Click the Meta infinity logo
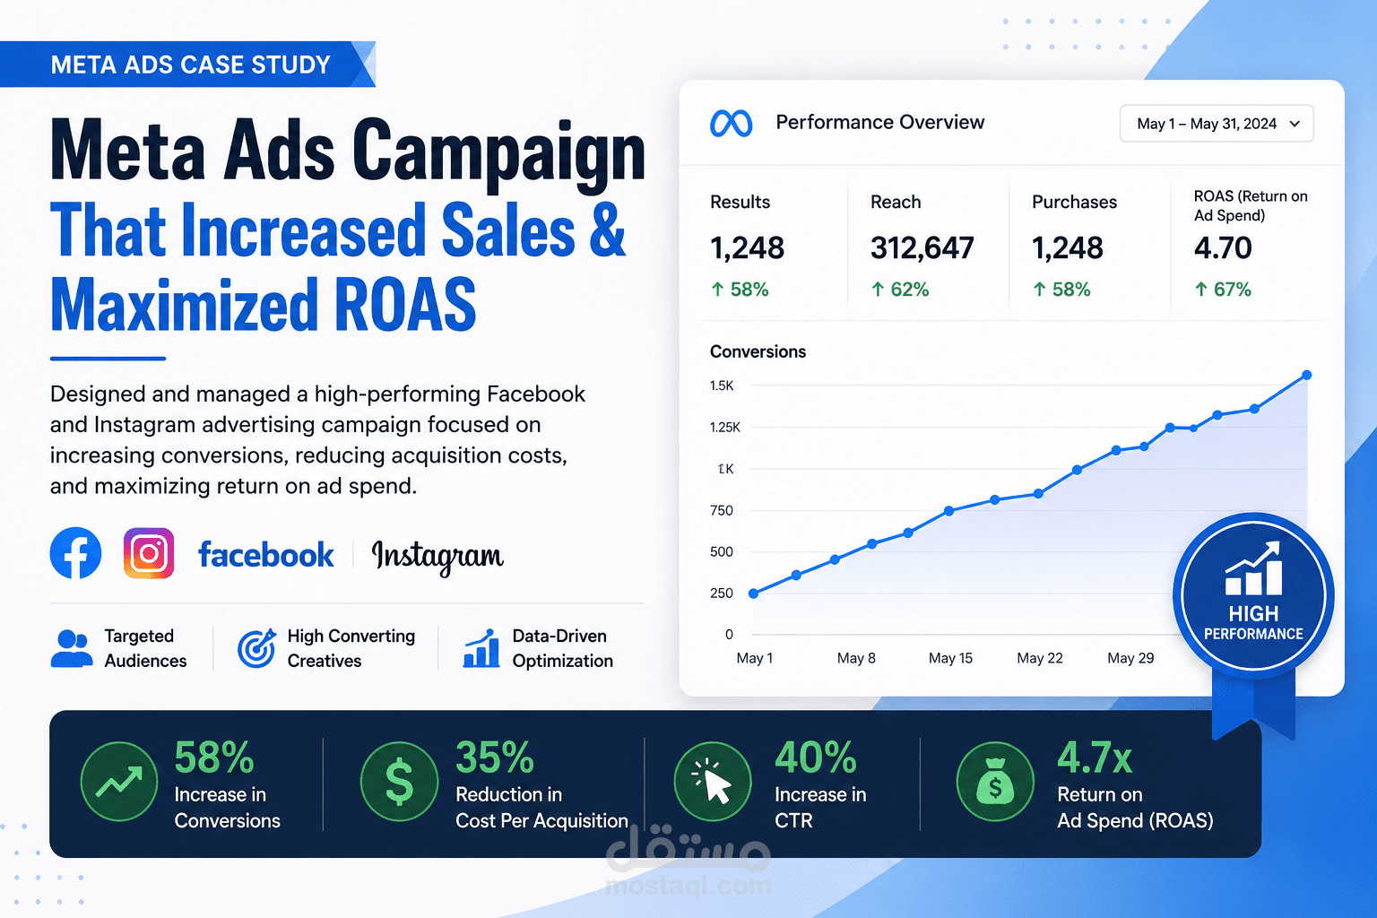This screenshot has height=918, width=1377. pos(731,124)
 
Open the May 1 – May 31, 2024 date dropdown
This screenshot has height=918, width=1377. pos(1217,124)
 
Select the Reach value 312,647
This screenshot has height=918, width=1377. pos(922,247)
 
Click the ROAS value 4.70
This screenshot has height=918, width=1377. pos(1223,247)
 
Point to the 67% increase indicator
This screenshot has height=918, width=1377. pos(1223,289)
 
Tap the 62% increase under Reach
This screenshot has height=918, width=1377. pos(900,289)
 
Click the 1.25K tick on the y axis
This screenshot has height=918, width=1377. pos(724,428)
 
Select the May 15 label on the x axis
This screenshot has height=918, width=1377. pos(950,658)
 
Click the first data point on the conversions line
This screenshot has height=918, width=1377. pos(754,593)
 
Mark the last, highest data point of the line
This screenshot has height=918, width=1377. pos(1307,375)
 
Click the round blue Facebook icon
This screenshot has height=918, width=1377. pos(75,553)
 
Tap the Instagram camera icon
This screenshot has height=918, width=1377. pos(149,553)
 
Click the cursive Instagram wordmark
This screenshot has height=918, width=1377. pos(437,557)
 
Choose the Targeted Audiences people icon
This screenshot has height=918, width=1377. pos(72,648)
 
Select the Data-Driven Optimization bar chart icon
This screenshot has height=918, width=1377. pos(481,648)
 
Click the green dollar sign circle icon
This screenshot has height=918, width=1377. pos(400,782)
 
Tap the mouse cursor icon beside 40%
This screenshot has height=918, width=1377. pos(713,782)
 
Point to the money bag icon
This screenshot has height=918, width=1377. pos(995,782)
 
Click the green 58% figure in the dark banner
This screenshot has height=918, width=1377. pos(214,757)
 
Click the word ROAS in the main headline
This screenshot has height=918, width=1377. pos(406,304)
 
